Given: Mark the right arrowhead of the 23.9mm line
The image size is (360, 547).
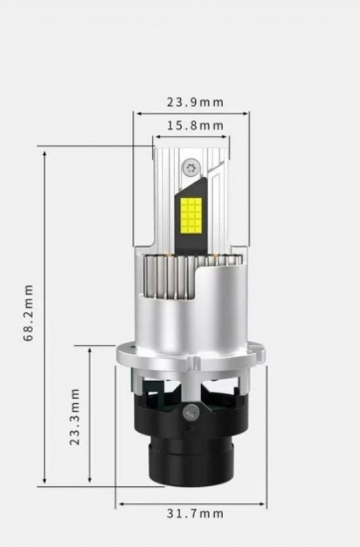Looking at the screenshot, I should [x=248, y=113].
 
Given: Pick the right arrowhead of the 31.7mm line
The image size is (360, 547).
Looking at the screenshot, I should [x=266, y=503].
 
